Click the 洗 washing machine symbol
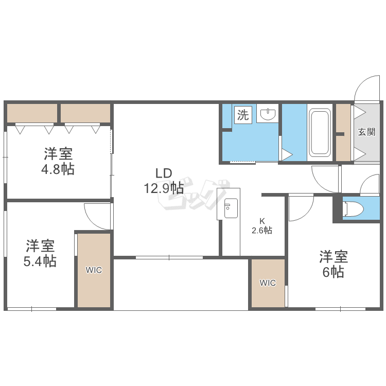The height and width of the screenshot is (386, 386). click(243, 115)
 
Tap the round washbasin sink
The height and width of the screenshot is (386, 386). click(268, 114)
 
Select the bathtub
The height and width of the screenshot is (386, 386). click(320, 133)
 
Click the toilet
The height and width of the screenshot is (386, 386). click(353, 209)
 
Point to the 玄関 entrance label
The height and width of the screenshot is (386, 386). click(366, 132)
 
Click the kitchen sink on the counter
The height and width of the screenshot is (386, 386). click(231, 208)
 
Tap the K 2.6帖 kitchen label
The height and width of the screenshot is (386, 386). click(262, 226)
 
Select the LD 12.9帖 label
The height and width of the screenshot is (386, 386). click(164, 181)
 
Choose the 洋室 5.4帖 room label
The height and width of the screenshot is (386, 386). click(40, 253)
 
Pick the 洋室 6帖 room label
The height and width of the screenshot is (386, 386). click(334, 264)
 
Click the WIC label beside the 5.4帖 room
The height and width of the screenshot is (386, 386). click(94, 270)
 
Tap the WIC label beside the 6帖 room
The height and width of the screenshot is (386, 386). click(268, 283)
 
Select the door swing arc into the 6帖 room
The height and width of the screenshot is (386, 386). click(307, 214)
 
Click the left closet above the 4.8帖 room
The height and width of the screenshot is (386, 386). click(32, 113)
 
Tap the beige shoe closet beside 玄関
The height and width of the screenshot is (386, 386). click(343, 132)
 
